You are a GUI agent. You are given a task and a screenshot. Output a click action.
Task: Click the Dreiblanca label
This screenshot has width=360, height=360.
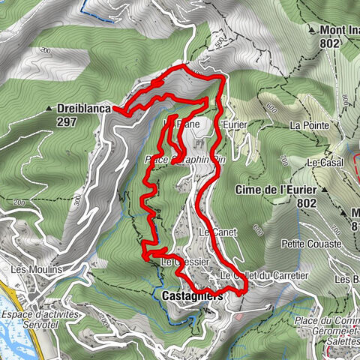point(84,108)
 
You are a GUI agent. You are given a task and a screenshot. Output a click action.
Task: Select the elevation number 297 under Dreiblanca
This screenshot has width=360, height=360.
point(66,120)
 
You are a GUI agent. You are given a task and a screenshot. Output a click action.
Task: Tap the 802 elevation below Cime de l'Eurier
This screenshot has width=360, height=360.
point(306,202)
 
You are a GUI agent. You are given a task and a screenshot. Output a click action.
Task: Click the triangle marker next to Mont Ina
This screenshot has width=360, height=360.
point(310,30)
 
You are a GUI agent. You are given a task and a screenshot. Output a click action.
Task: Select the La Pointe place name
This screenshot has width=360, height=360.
point(308,124)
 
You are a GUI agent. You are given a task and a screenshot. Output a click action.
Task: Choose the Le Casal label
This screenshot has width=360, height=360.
point(325,162)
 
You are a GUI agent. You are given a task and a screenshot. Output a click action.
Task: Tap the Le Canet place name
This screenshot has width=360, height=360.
point(218,232)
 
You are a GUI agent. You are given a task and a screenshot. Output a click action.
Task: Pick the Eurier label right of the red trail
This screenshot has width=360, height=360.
point(234,123)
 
